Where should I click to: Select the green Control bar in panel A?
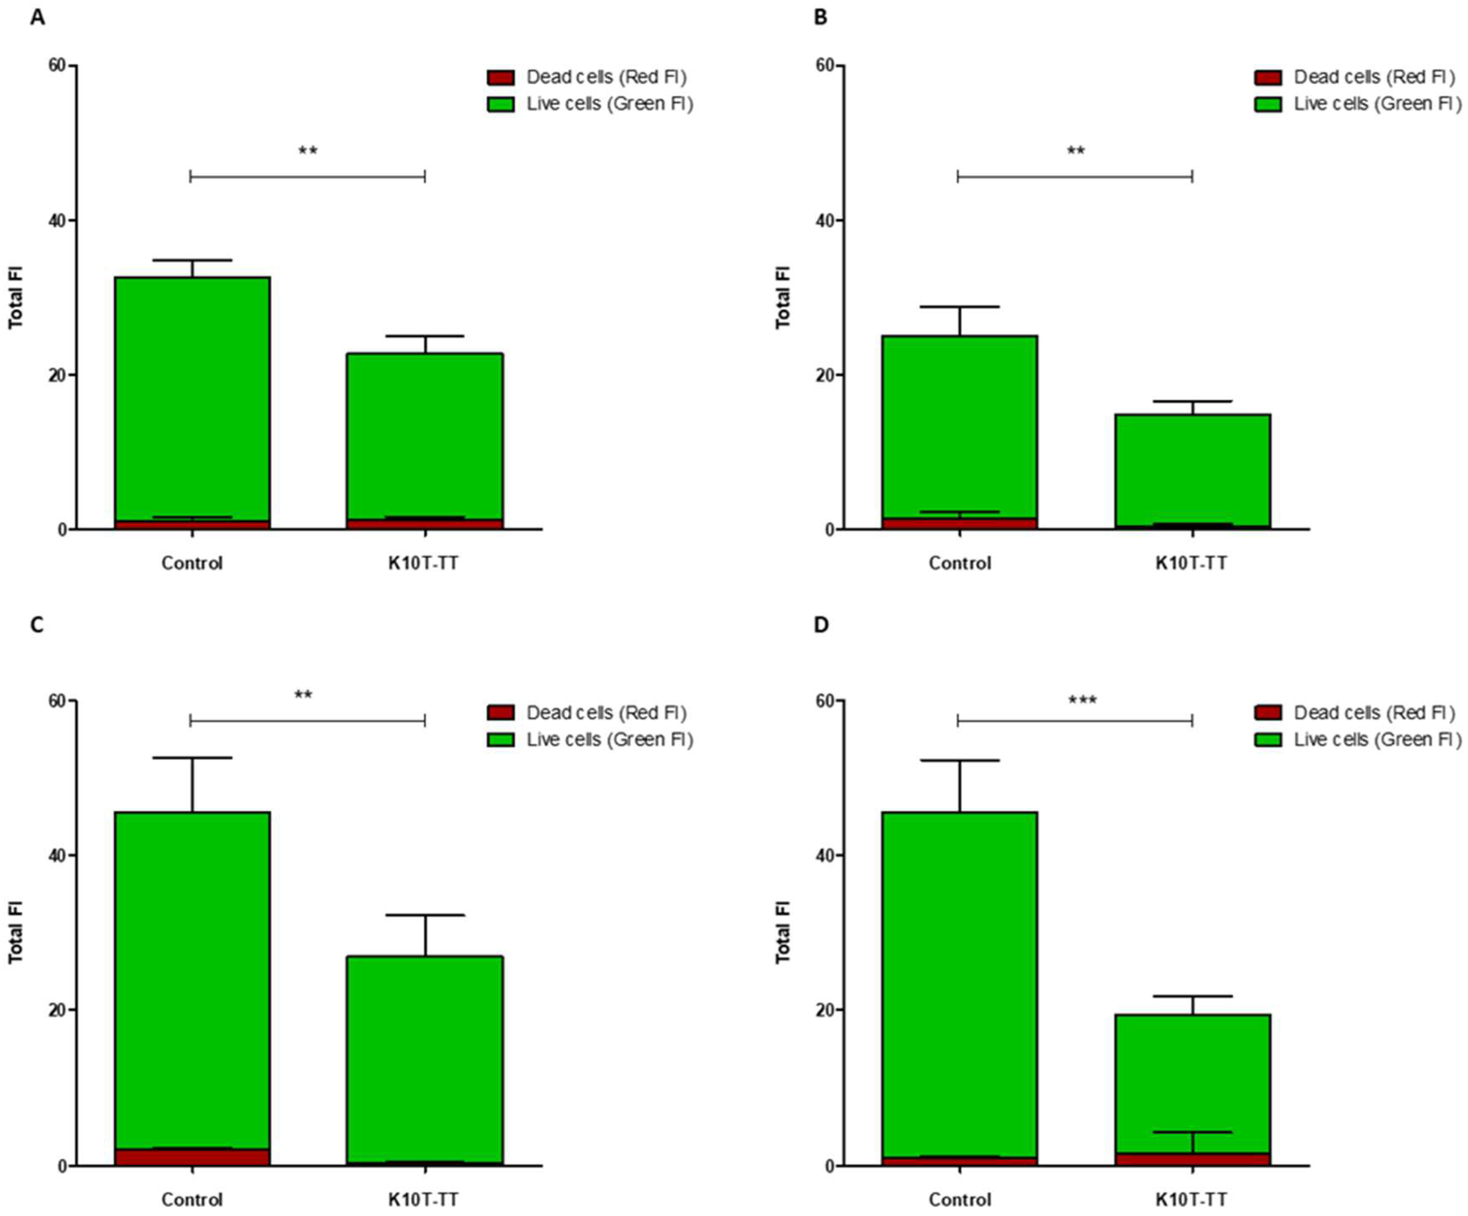pos(192,399)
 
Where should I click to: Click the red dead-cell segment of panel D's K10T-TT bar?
pos(1193,1158)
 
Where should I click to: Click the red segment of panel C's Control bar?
pos(192,1157)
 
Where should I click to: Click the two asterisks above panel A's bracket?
pos(308,151)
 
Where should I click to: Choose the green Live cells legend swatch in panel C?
pos(500,740)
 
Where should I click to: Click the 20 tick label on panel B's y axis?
pos(825,375)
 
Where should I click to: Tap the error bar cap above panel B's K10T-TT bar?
pos(1193,401)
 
